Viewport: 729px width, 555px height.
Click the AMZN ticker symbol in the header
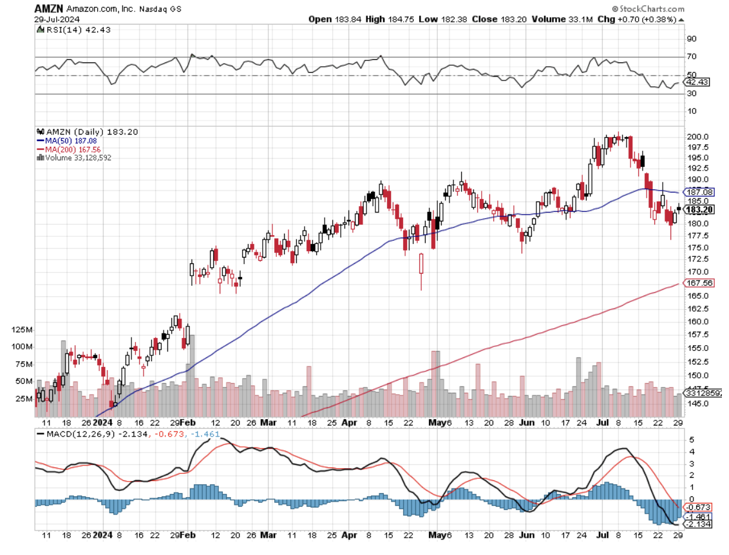coord(47,8)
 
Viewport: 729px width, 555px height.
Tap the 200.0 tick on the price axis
coord(697,136)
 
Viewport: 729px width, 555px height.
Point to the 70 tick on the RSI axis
coord(692,57)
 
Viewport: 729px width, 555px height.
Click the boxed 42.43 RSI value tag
coord(697,82)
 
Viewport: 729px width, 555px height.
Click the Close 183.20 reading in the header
coord(499,19)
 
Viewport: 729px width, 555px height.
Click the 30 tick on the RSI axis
coord(692,94)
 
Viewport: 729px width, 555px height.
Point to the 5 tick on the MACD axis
coord(691,440)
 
